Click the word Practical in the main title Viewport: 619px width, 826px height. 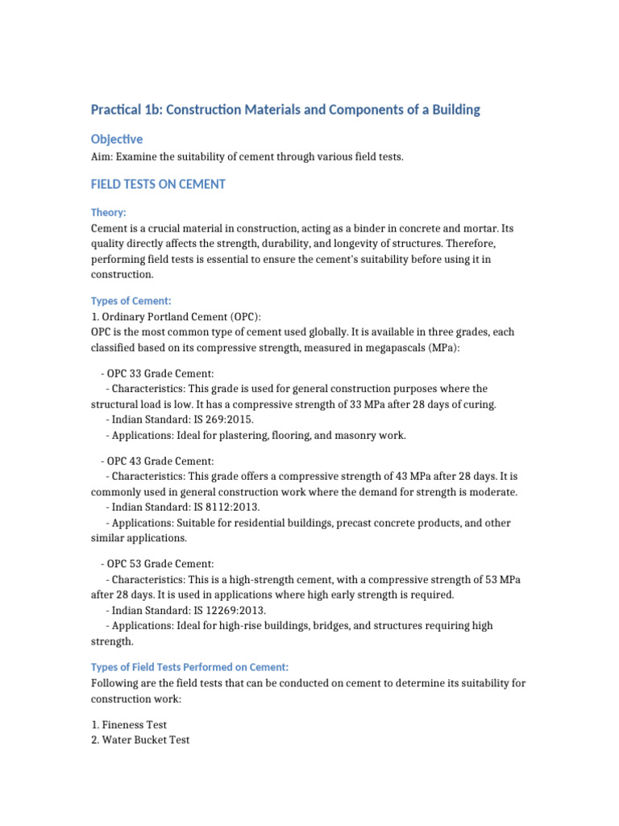click(115, 110)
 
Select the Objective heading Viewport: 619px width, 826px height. click(116, 140)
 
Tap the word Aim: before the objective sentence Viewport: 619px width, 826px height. click(103, 156)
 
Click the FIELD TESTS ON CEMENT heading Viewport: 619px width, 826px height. click(158, 185)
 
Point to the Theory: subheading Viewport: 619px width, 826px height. click(108, 212)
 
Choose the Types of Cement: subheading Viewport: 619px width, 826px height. click(131, 301)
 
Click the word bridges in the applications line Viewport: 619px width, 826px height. click(330, 625)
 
